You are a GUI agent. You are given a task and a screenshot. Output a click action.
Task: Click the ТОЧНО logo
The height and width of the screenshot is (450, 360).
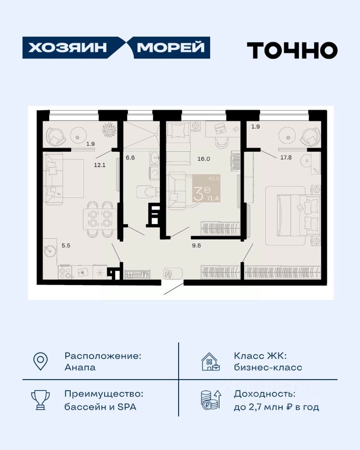coord(292,50)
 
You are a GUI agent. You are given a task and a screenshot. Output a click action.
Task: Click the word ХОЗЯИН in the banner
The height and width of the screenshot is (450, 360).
coord(67,47)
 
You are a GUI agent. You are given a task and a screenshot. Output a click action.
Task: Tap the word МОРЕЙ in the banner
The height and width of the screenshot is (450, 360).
coord(171,47)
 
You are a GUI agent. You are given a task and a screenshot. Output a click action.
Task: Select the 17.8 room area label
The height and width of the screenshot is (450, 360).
coord(286,157)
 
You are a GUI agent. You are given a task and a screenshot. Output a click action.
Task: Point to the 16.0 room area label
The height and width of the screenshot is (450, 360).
coord(204,159)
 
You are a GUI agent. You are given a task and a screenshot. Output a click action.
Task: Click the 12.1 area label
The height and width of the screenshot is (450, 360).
coord(100,165)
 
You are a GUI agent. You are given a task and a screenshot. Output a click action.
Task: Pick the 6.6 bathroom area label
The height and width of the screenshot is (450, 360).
coord(130,157)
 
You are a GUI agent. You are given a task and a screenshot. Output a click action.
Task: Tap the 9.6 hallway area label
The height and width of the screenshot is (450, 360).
coord(196,246)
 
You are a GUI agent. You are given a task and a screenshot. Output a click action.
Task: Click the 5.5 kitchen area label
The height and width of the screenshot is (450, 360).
coord(66,246)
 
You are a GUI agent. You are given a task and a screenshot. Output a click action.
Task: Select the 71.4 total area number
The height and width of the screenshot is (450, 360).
coord(213,198)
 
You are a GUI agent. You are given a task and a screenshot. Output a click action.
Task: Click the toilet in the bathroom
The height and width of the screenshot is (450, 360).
coord(148,191)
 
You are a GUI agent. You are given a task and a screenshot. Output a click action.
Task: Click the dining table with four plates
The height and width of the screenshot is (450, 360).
coord(100,219)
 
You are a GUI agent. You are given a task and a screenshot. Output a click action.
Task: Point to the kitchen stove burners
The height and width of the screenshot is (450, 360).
coord(65,272)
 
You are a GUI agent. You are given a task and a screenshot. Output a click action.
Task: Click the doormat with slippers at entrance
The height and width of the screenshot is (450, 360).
coord(173,273)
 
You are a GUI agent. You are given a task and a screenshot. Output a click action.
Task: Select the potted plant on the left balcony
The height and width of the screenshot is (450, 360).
coord(109,130)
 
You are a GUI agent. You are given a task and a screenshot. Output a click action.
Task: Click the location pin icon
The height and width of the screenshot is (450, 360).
coord(40,361)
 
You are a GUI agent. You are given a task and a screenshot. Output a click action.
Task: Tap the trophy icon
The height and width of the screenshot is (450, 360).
coord(40,399)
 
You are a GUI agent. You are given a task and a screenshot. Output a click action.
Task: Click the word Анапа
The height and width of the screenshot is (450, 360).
coord(80,367)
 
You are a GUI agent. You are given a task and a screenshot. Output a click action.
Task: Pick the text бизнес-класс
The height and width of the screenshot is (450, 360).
coord(268,367)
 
